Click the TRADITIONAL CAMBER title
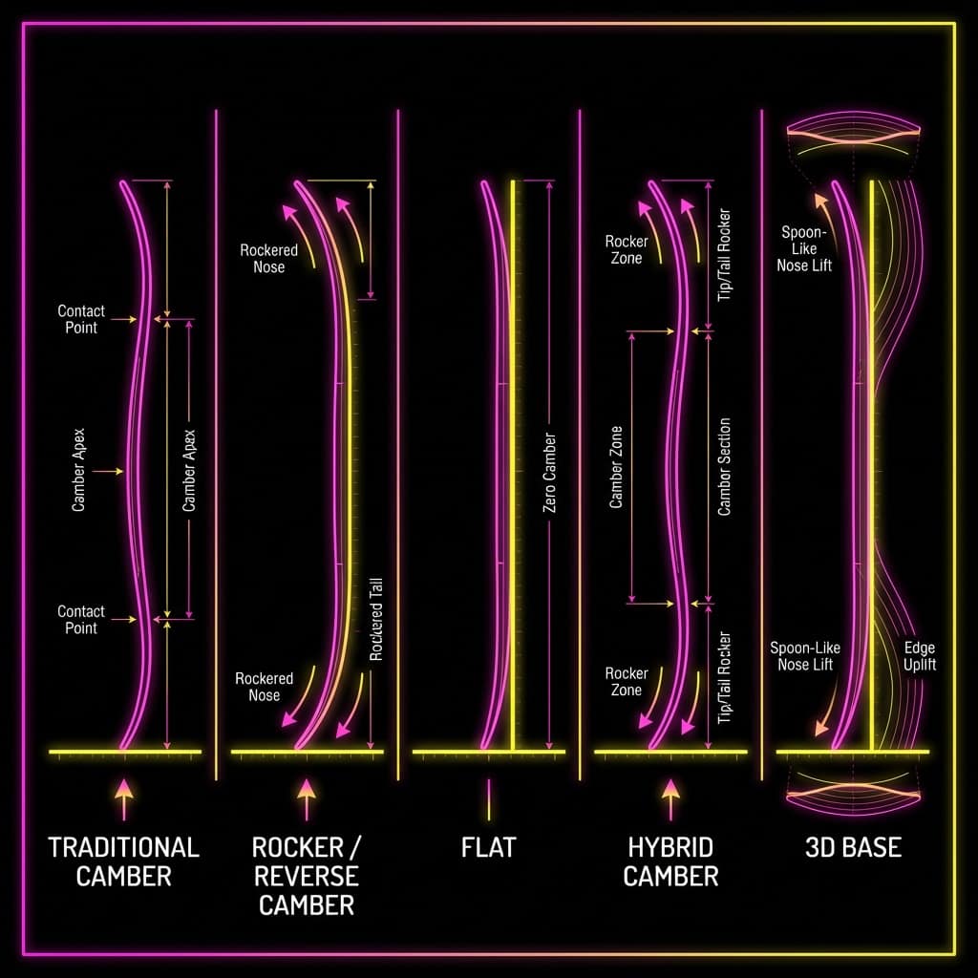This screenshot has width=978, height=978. (123, 861)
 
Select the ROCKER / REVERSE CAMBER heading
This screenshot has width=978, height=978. (307, 876)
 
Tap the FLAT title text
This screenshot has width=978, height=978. (488, 848)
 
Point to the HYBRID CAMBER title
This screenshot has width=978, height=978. (670, 861)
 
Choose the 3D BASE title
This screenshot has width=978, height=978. (853, 848)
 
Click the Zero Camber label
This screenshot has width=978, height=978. (549, 472)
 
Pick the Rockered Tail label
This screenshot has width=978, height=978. (375, 619)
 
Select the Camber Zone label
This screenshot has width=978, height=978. (616, 467)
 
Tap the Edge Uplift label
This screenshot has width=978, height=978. (920, 656)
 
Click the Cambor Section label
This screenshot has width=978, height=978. (724, 466)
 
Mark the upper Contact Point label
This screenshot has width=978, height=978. (81, 319)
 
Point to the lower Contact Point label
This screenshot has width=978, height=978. (81, 619)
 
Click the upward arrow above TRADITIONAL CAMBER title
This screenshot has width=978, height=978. (123, 799)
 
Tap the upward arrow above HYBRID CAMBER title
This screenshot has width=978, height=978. (670, 799)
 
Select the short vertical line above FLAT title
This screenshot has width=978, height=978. (488, 799)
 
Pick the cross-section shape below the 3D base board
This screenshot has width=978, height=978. (853, 794)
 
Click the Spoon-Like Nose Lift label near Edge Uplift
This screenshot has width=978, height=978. (804, 656)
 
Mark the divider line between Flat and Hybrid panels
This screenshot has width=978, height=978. (580, 445)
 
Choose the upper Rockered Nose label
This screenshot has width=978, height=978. (268, 258)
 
